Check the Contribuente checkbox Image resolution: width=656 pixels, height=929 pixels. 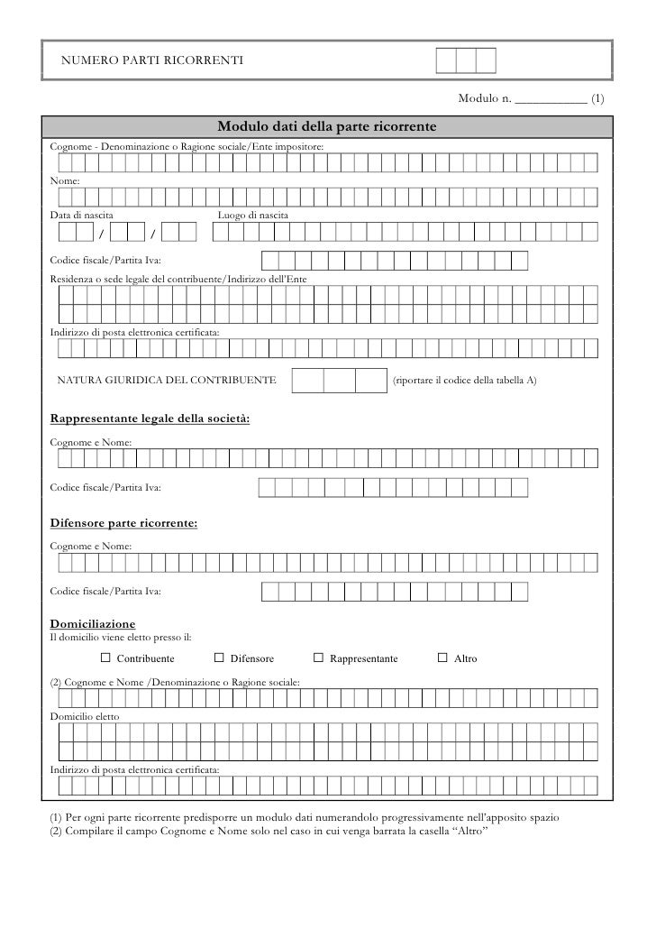click(105, 658)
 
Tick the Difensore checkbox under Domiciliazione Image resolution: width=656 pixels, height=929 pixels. click(219, 658)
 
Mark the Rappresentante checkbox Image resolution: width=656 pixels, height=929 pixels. click(318, 658)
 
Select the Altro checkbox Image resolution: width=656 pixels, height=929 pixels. click(442, 658)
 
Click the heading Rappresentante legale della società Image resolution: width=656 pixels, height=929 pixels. click(149, 419)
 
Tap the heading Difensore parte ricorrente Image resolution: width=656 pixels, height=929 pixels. click(123, 523)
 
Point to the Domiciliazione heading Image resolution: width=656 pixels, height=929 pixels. click(92, 624)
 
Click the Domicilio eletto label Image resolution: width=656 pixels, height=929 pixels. click(83, 715)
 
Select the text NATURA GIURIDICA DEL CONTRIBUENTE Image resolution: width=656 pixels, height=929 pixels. click(167, 381)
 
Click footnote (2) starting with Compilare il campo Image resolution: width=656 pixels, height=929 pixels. click(268, 830)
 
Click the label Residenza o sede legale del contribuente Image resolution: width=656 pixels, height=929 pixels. click(178, 281)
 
